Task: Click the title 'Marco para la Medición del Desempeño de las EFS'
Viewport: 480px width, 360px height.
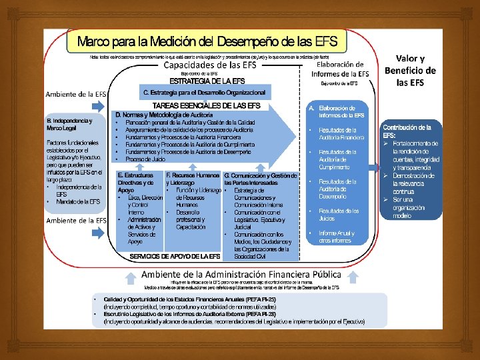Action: click(207, 41)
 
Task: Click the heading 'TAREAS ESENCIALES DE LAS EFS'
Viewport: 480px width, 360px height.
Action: click(207, 106)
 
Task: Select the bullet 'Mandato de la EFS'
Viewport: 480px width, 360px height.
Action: click(78, 201)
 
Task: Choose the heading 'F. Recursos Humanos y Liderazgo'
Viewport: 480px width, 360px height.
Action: click(193, 179)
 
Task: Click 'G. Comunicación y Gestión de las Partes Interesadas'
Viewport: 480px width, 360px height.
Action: click(260, 179)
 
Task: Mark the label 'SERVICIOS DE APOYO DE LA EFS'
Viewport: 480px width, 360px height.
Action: click(175, 256)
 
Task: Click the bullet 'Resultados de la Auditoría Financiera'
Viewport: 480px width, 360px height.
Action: click(341, 133)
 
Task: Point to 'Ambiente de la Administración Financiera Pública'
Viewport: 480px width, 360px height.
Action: click(241, 274)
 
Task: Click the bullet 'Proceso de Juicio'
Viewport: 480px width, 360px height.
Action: click(145, 159)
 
